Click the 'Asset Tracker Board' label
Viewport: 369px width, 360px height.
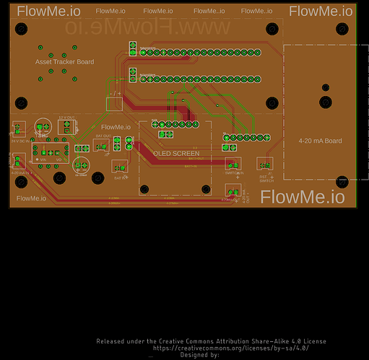pos(64,62)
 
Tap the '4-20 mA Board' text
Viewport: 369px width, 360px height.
pos(321,141)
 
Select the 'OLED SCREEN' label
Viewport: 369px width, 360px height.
pos(175,153)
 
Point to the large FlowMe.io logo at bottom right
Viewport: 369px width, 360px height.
pos(303,196)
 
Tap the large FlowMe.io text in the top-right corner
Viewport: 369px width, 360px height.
pos(321,12)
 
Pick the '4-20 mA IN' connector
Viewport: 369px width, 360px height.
pos(19,164)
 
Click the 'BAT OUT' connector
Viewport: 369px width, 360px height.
pos(102,145)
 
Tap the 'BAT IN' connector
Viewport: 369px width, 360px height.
pos(119,167)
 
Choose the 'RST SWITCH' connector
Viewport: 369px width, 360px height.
pos(266,165)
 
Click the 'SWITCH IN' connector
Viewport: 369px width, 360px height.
pos(233,164)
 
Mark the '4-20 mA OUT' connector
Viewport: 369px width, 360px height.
pos(233,192)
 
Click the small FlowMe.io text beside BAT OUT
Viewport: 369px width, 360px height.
pos(116,127)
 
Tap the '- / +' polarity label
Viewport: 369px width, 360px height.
pos(116,93)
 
